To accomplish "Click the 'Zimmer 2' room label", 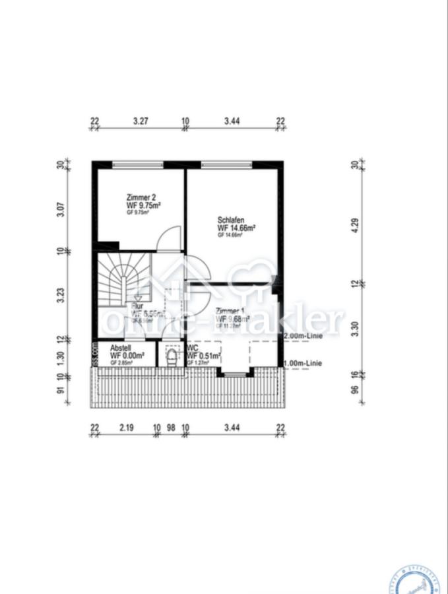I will tap(141, 197).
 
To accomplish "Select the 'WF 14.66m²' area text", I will tap(236, 228).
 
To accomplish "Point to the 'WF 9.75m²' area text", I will tap(144, 205).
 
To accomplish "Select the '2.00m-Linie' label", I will tap(302, 336).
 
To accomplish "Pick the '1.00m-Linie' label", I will tap(302, 363).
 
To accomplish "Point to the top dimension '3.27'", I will tap(141, 121).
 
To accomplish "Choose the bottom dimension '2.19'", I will tap(127, 428).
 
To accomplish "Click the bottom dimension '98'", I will tap(172, 428).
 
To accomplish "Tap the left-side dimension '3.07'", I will tap(61, 209).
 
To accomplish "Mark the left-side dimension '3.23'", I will tap(61, 294).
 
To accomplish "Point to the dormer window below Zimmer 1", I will tap(234, 374).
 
